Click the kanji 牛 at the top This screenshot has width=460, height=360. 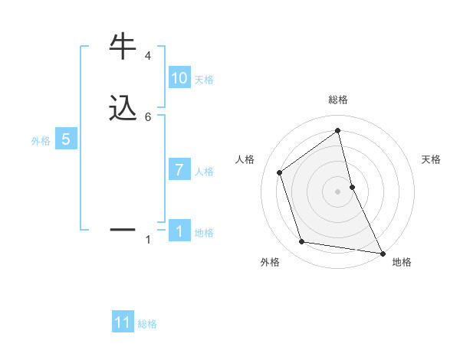tap(123, 47)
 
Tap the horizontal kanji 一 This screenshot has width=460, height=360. tap(123, 229)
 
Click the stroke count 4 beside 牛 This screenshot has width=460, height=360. tap(147, 56)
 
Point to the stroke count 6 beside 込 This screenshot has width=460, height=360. tap(147, 116)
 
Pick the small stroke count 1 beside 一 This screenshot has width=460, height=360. tap(147, 240)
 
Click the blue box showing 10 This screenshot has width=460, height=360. tap(179, 78)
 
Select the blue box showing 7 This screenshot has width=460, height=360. tap(179, 170)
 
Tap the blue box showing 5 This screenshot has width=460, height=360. tap(66, 139)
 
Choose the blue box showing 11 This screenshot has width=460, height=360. tap(123, 322)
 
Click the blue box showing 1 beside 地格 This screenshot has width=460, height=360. tap(179, 231)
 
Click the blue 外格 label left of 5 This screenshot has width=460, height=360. tap(40, 141)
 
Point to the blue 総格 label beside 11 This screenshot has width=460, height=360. tap(147, 324)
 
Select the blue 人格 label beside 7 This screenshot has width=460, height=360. tap(205, 172)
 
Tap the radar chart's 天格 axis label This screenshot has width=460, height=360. tap(431, 159)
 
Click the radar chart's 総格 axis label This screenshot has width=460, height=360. tap(338, 100)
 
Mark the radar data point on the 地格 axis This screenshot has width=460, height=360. tap(382, 252)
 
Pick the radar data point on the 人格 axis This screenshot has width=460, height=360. tap(280, 172)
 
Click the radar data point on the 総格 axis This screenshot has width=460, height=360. tap(338, 131)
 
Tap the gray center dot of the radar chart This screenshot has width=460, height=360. tap(338, 191)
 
